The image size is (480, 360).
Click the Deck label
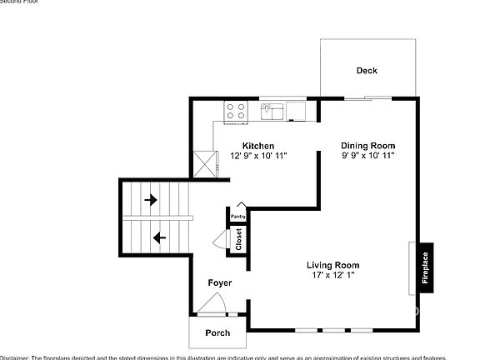(x=367, y=71)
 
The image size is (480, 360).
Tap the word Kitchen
(x=258, y=146)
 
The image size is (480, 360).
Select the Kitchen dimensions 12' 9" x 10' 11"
(x=258, y=156)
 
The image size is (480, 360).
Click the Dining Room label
(x=367, y=146)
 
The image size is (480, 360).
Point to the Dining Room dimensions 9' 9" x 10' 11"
(x=367, y=156)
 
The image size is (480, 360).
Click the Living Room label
(x=333, y=266)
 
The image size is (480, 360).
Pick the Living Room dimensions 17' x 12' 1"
(x=333, y=276)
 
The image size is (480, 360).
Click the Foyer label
(x=220, y=283)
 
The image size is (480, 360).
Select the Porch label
(x=217, y=333)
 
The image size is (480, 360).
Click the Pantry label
(x=238, y=217)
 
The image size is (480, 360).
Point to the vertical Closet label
(x=238, y=239)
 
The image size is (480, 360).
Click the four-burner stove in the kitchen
(x=235, y=110)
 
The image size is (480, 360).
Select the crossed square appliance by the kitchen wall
(x=203, y=162)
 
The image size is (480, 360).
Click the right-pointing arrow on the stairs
(x=151, y=200)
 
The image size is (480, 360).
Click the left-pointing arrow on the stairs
(x=159, y=237)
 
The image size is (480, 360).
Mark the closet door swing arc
(x=220, y=241)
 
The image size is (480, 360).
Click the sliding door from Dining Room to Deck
(x=367, y=98)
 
